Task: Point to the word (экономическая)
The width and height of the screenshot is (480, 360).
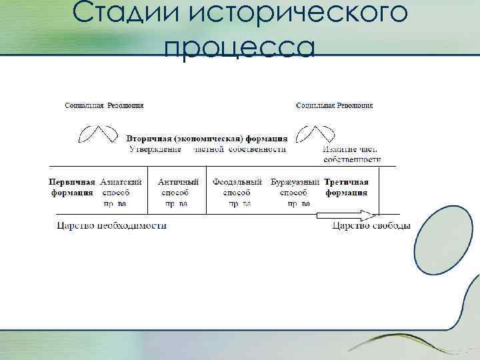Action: point(208,139)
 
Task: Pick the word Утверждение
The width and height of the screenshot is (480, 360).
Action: point(155,149)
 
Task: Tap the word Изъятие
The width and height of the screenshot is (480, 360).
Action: point(341,149)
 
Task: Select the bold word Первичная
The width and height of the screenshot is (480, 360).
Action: point(72,181)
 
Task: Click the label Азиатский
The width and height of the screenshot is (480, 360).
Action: point(121,181)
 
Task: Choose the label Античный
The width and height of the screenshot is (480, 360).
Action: point(178,181)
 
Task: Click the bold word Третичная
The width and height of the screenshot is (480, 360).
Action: point(346,181)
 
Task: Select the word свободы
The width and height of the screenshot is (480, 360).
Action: point(389,225)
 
